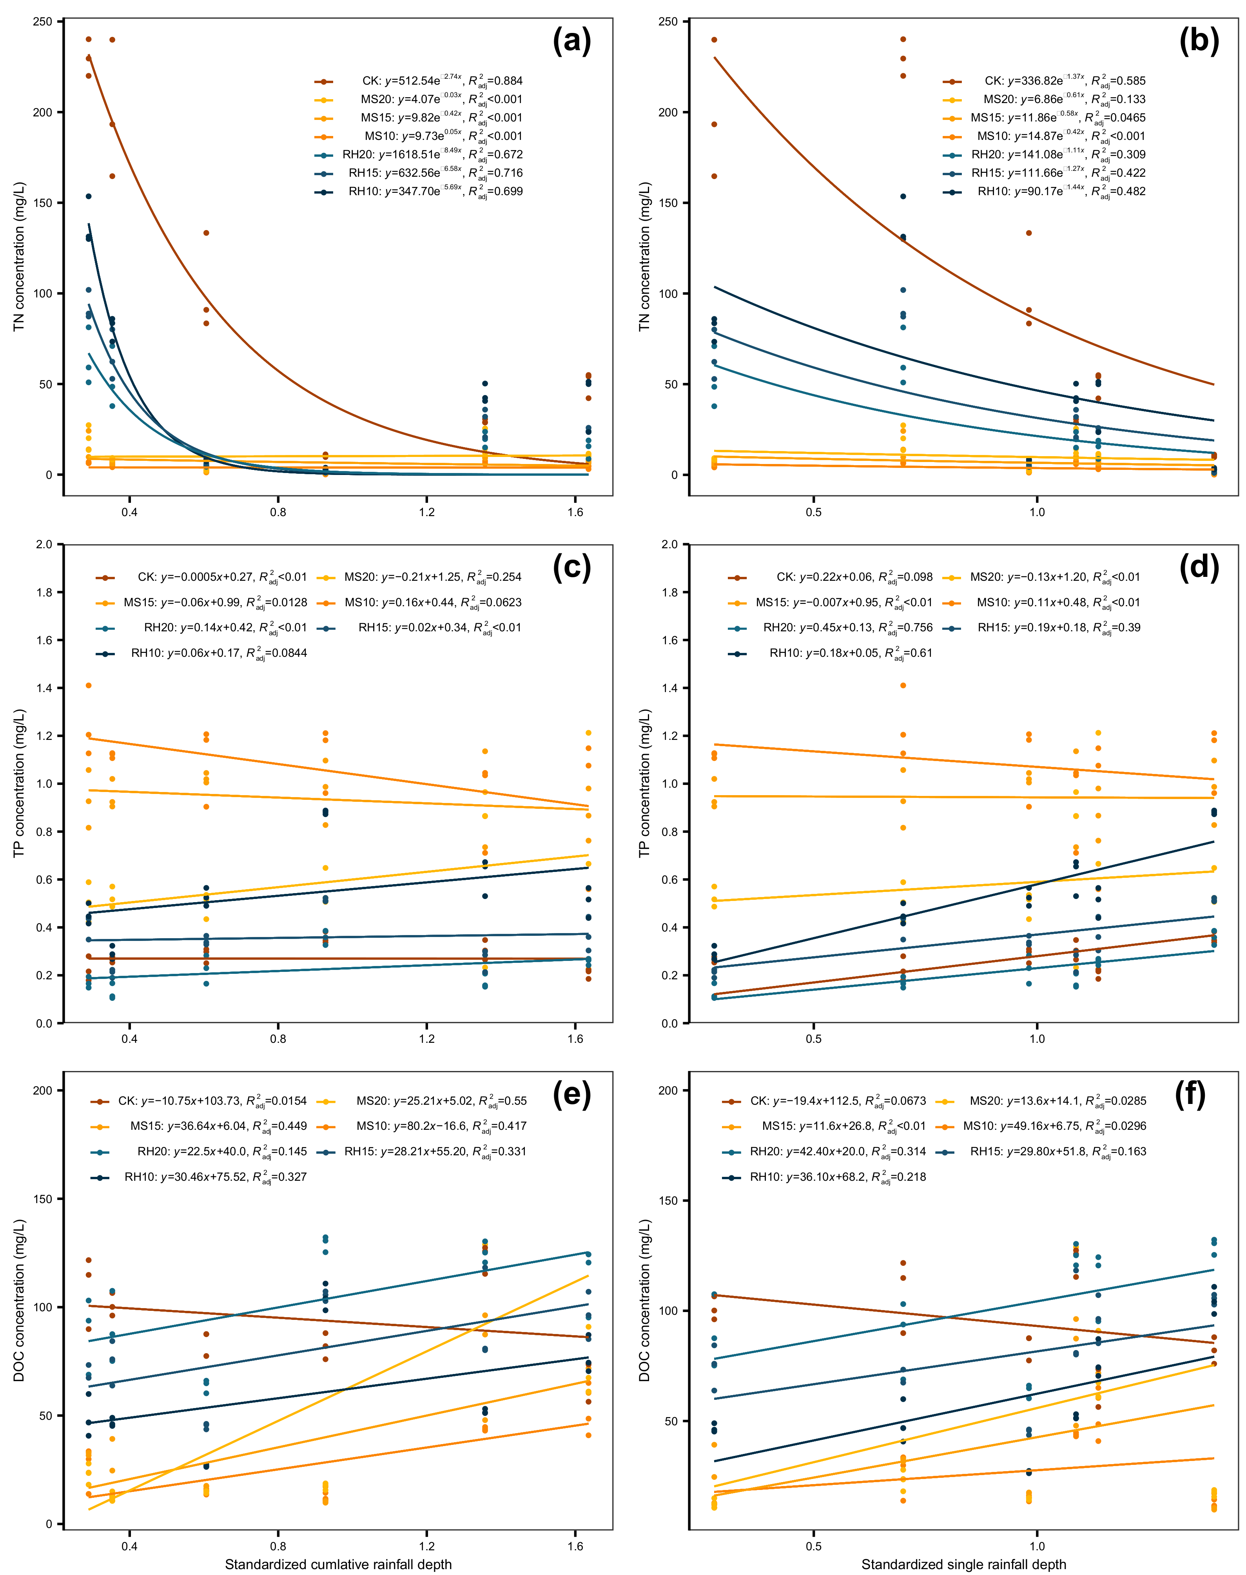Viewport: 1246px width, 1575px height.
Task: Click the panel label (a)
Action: coord(571,41)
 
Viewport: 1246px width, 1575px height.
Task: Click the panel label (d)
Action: coord(1199,567)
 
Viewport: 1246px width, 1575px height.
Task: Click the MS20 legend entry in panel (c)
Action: coord(419,577)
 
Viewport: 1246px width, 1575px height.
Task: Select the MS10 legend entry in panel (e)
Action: coord(427,1126)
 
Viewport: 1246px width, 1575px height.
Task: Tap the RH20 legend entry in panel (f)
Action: coord(824,1152)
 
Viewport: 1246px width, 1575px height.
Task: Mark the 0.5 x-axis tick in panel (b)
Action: coord(813,512)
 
